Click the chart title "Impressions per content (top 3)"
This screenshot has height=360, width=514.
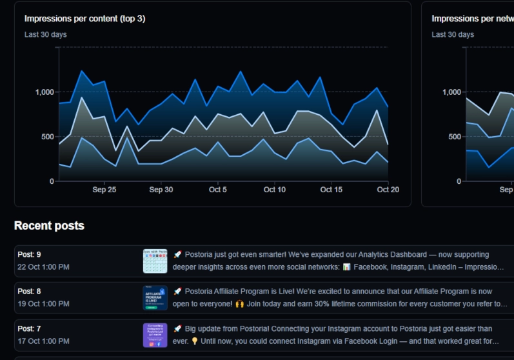pos(84,19)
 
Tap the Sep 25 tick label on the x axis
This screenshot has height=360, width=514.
pos(104,190)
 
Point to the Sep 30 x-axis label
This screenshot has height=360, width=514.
pos(161,190)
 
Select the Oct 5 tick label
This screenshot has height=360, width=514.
pos(218,190)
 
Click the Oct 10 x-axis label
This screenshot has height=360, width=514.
pos(275,190)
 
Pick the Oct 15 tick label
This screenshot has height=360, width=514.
pos(331,190)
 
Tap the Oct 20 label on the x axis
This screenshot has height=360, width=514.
pos(388,190)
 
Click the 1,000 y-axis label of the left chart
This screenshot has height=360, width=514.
pos(44,92)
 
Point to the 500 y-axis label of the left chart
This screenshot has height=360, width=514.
pos(48,137)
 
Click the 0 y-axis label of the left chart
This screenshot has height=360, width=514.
pos(52,181)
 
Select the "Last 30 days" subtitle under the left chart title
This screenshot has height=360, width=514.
pos(45,34)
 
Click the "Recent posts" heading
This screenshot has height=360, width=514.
pos(49,226)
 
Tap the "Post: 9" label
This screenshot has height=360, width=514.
pos(29,255)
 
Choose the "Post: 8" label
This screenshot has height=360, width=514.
pos(29,292)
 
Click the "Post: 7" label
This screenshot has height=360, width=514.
pos(29,329)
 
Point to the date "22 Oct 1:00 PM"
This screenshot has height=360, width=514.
pos(43,267)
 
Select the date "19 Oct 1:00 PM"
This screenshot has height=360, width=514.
pos(43,304)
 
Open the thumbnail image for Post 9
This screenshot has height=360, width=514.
pos(155,261)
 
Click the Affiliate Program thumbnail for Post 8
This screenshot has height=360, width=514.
pos(155,298)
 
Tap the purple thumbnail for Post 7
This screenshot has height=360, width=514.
pos(155,335)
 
